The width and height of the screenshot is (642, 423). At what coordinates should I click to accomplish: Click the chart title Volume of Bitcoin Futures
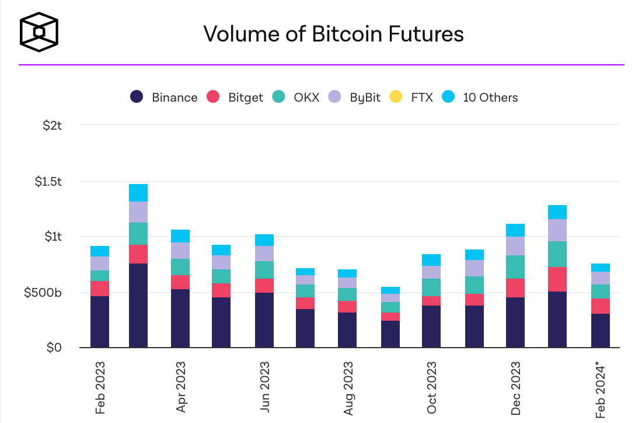(x=333, y=34)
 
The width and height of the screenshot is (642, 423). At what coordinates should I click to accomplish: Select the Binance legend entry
(x=164, y=98)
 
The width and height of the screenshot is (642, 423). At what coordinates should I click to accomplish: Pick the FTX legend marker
(x=396, y=97)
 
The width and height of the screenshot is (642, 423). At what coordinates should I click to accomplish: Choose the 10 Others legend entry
(x=480, y=98)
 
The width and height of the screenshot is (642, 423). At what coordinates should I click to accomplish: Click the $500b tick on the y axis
(x=43, y=292)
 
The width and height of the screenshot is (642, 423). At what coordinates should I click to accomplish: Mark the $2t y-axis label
(x=53, y=126)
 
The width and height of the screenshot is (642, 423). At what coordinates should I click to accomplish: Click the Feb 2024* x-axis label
(x=601, y=389)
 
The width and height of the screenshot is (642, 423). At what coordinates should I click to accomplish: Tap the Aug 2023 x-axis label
(x=348, y=389)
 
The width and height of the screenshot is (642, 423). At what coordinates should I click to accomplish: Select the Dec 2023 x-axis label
(x=517, y=389)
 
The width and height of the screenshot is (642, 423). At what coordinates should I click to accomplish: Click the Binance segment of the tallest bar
(x=138, y=306)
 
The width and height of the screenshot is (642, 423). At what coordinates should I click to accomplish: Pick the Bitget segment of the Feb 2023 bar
(x=100, y=289)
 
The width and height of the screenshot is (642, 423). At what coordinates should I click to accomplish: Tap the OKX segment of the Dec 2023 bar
(x=515, y=267)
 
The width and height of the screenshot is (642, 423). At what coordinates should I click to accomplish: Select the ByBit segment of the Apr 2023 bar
(x=180, y=251)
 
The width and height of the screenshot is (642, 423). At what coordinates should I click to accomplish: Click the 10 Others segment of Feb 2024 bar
(x=601, y=268)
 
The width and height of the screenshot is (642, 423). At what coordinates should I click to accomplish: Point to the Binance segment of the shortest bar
(x=390, y=334)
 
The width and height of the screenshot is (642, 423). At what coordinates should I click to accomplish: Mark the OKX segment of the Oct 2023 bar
(x=431, y=287)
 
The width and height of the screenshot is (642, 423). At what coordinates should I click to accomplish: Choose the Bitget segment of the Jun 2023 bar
(x=264, y=286)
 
